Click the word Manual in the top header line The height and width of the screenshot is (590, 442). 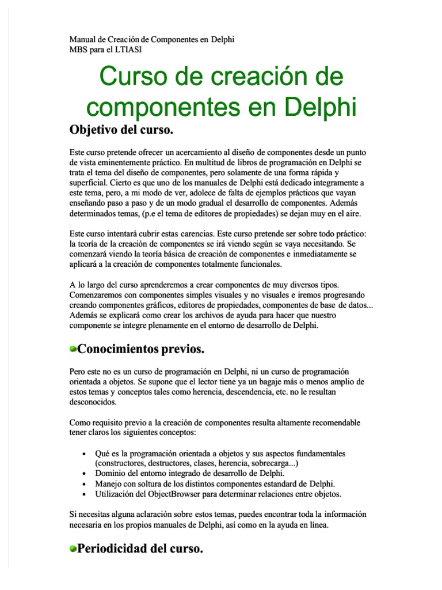(82, 40)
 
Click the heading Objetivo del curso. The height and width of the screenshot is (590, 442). (121, 130)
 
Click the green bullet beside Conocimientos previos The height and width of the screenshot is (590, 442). (73, 349)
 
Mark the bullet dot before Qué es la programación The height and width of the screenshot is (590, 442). (85, 453)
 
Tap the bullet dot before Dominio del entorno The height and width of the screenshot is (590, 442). (85, 474)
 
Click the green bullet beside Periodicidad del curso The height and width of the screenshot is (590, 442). (73, 550)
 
